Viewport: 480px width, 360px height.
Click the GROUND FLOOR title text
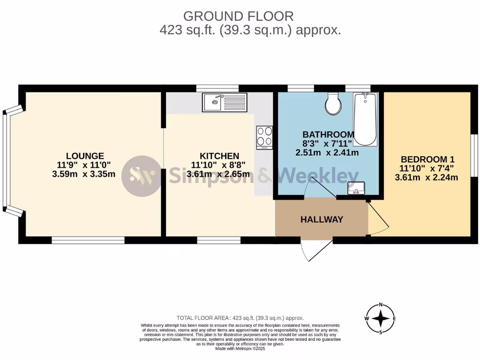[x=238, y=16]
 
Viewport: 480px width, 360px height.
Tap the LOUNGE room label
[x=85, y=156]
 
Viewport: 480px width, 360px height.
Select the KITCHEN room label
[x=219, y=156]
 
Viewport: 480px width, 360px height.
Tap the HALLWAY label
[x=322, y=219]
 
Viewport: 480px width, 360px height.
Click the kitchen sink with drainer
[x=225, y=102]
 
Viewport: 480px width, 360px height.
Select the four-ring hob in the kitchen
[x=264, y=137]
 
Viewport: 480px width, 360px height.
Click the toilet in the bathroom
[x=333, y=104]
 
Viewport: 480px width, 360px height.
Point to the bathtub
[x=365, y=119]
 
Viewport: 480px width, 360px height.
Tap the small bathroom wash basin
[x=356, y=188]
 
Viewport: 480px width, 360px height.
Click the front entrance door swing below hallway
[x=311, y=251]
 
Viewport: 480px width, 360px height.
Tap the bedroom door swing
[x=378, y=218]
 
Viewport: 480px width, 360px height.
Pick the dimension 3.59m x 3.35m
[x=84, y=174]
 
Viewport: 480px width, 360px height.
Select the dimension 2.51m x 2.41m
[x=327, y=152]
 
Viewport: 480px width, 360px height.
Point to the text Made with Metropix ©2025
[x=240, y=349]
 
